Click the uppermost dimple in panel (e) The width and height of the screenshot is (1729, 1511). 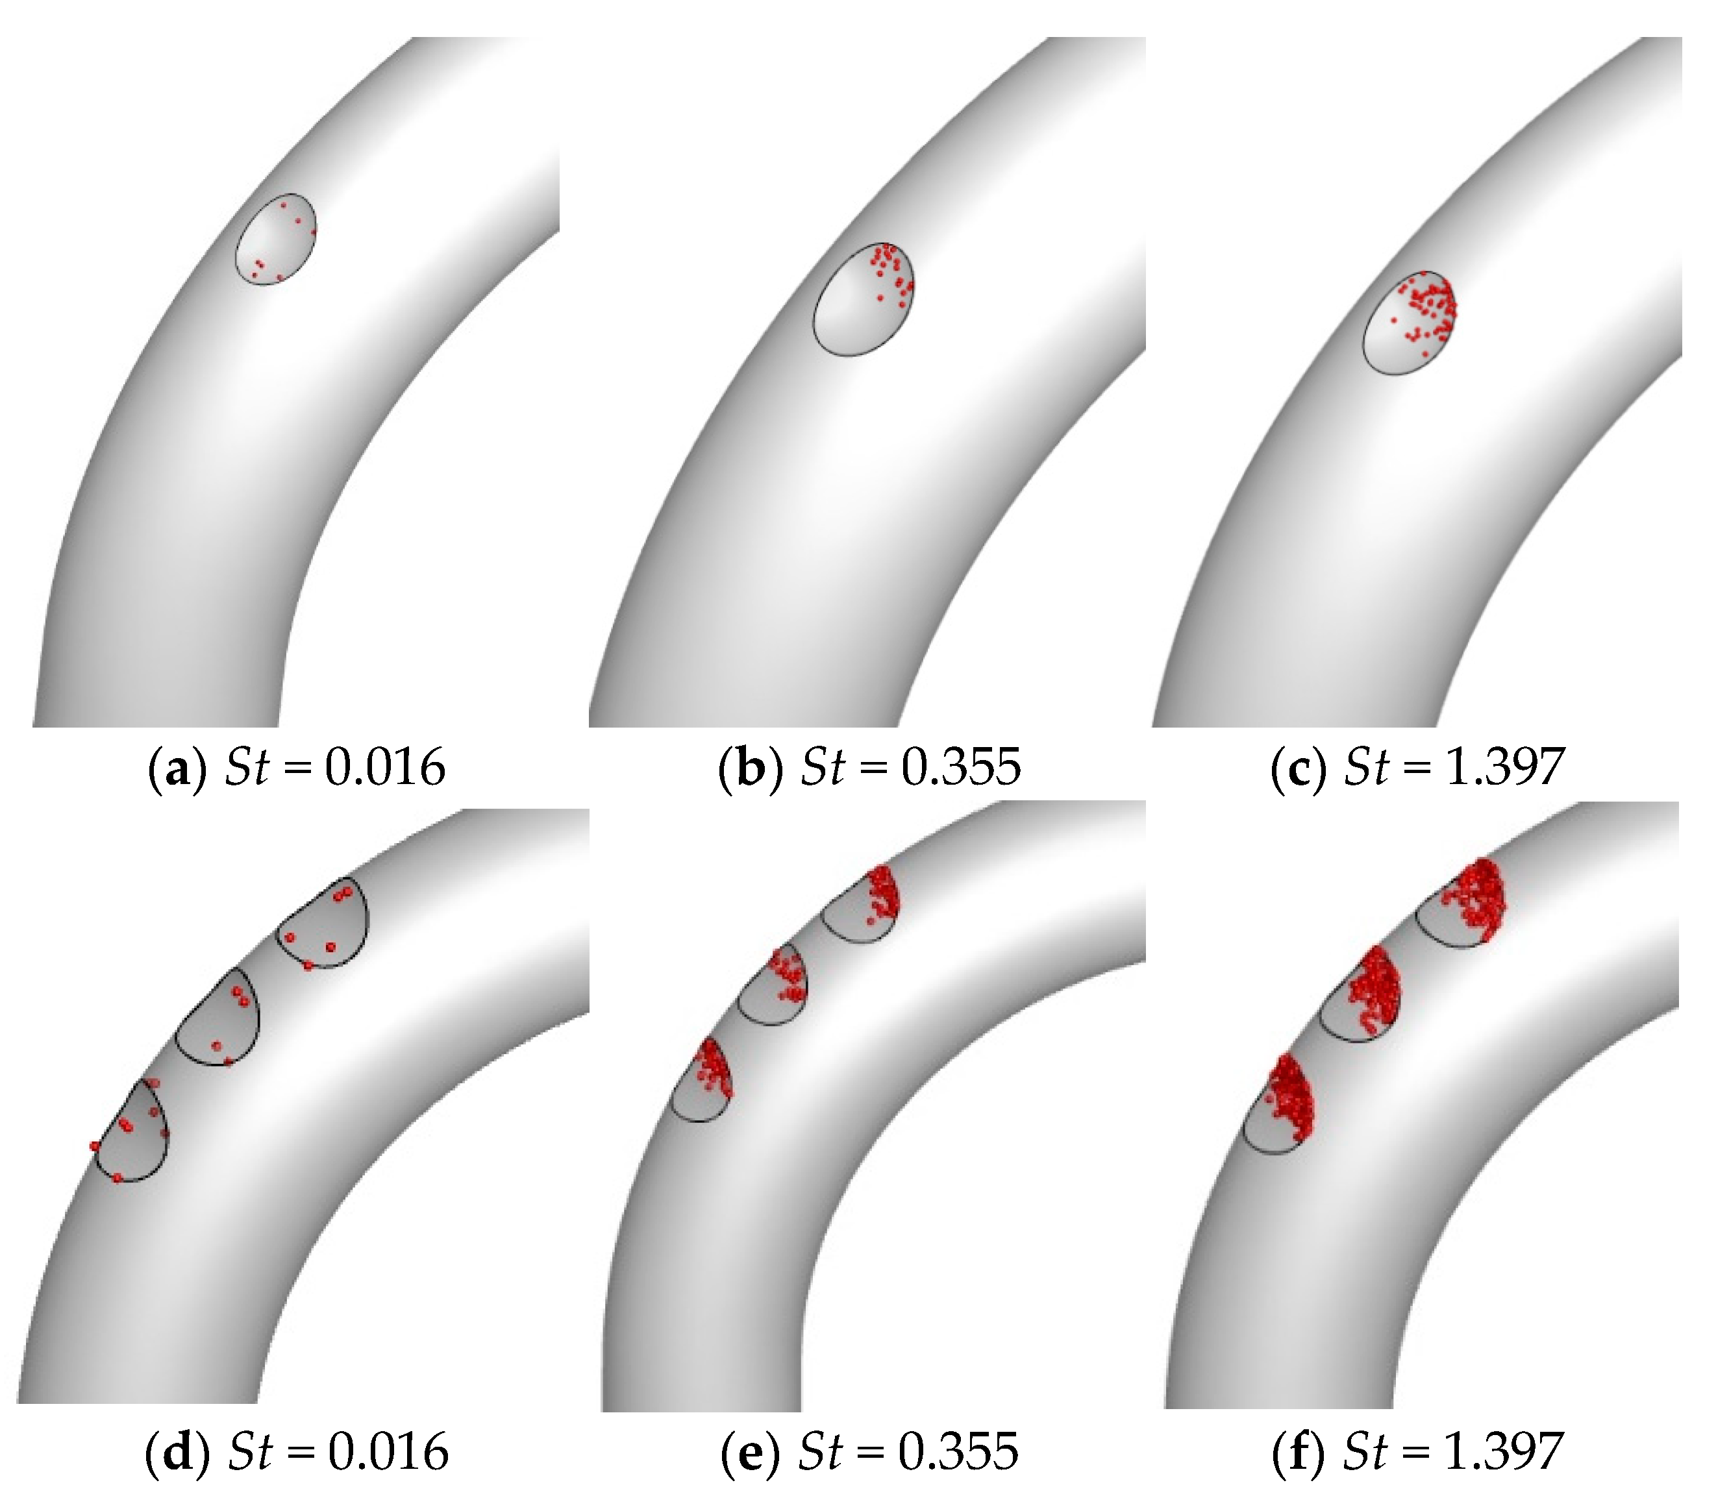860,907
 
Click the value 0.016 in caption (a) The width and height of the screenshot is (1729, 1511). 384,767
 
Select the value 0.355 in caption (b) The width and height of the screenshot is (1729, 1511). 961,767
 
